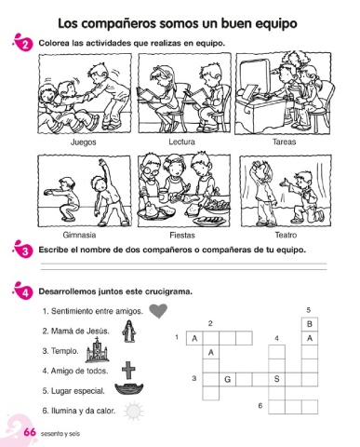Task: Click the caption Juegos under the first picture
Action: [x=84, y=142]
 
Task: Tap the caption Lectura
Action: [x=181, y=142]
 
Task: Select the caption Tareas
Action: [x=284, y=142]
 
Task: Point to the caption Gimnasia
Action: [x=79, y=235]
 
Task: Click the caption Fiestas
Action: [x=182, y=236]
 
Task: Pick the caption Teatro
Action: [x=286, y=235]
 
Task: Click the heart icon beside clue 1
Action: [x=158, y=311]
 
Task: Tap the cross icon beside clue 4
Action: [x=128, y=370]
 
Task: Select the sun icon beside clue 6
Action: [x=134, y=412]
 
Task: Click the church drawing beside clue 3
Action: [x=97, y=350]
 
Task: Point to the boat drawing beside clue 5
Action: [x=129, y=389]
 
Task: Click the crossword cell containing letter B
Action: [x=310, y=324]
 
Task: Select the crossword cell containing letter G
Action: [x=227, y=379]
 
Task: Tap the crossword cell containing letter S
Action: [x=277, y=379]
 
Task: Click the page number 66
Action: [x=30, y=432]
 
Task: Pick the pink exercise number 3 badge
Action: [x=24, y=250]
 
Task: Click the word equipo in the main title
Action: [x=274, y=24]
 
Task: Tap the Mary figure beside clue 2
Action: [x=129, y=332]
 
